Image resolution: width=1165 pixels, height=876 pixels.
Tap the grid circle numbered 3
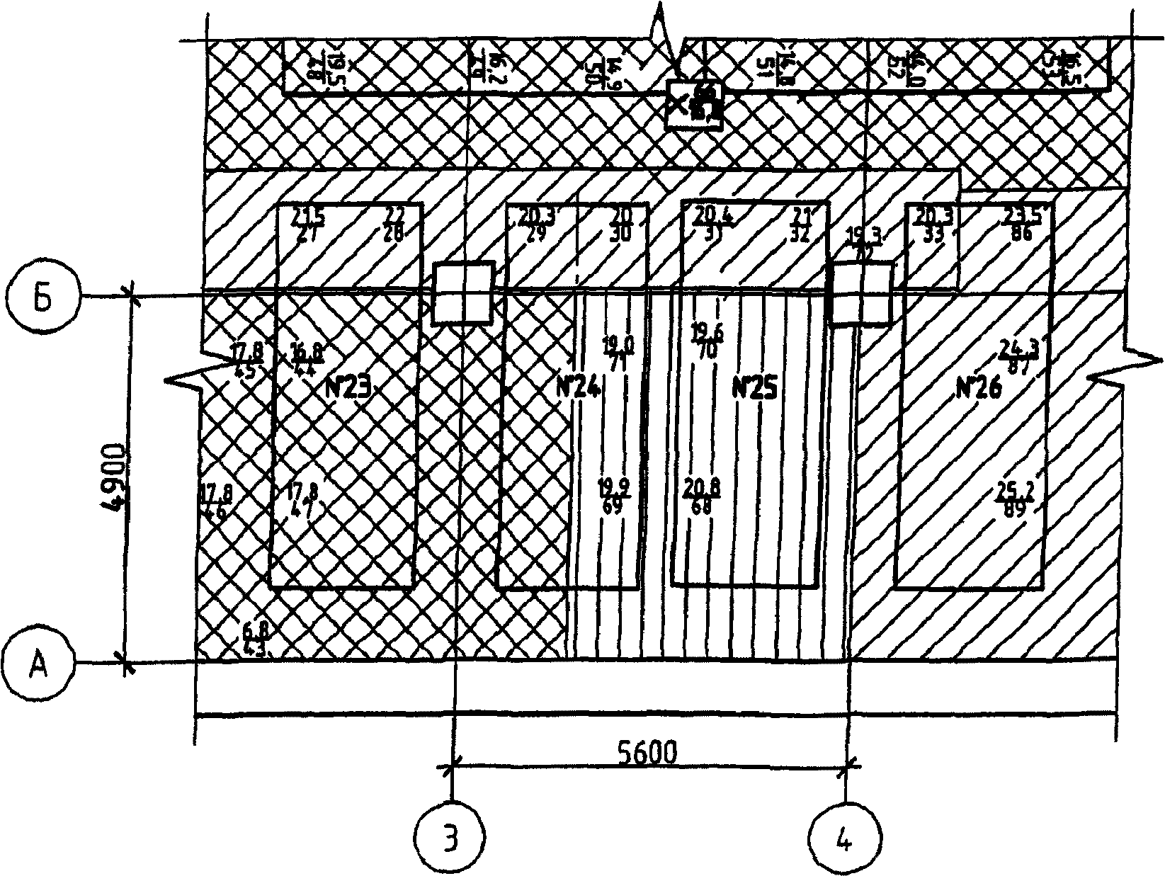point(451,838)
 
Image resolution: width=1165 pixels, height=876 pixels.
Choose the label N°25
point(754,388)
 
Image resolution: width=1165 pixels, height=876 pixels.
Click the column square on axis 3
point(462,293)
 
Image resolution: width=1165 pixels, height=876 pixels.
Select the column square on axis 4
point(860,294)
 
